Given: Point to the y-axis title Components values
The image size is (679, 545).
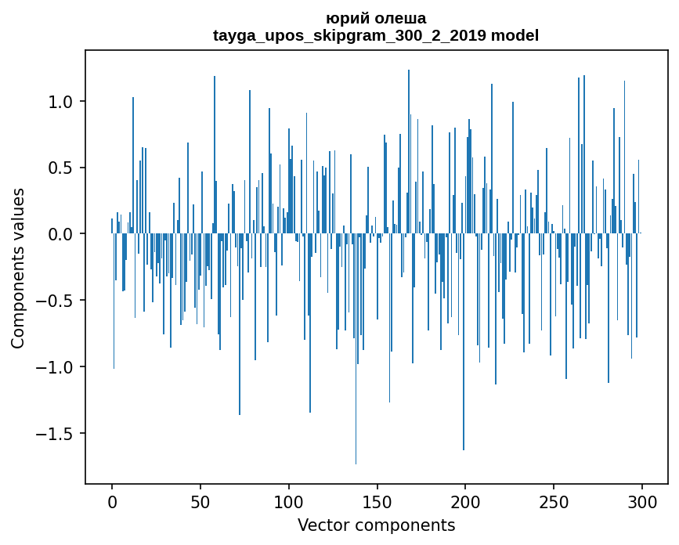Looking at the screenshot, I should point(18,268).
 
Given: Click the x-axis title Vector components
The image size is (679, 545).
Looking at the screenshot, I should point(376,525).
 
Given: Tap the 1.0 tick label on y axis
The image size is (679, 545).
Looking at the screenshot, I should point(60,102).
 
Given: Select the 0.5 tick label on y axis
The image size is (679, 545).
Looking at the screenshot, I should point(60,168).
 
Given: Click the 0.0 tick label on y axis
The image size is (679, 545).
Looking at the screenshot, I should point(60,234).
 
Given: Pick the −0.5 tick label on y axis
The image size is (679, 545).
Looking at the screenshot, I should point(55,301).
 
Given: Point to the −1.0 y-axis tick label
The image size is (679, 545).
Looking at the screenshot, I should point(55,367).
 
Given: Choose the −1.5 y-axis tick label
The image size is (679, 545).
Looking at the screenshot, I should point(55,434).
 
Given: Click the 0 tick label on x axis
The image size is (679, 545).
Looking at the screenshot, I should point(112,500).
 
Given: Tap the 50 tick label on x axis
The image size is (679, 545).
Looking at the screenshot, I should point(200,500).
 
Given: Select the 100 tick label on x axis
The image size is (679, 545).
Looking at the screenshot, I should point(289,500).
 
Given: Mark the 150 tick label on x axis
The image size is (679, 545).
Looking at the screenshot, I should point(377,500).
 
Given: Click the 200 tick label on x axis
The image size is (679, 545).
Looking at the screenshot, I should point(465,500).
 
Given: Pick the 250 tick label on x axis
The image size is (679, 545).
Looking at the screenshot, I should point(554,500).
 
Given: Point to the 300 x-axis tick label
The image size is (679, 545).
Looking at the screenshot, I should point(642,500).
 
